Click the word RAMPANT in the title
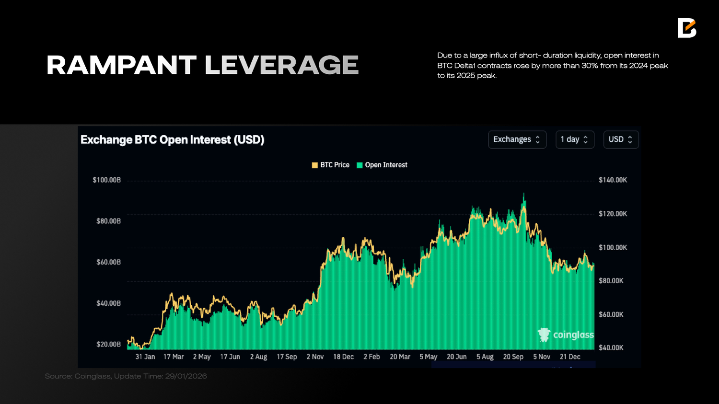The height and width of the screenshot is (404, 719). click(x=121, y=65)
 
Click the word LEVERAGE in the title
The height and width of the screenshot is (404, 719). click(x=282, y=65)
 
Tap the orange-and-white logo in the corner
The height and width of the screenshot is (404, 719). click(x=686, y=28)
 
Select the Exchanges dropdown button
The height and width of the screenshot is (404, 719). click(x=517, y=139)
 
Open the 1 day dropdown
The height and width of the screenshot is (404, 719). click(x=574, y=139)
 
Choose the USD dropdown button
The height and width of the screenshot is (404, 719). click(x=621, y=139)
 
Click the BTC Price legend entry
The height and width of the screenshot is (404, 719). click(x=331, y=165)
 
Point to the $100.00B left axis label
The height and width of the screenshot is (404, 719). click(x=106, y=180)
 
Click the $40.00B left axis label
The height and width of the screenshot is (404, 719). click(x=108, y=303)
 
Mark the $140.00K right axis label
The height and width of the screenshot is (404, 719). click(x=613, y=180)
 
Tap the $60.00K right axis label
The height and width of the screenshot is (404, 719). click(x=611, y=314)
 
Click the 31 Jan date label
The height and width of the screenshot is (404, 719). click(x=145, y=357)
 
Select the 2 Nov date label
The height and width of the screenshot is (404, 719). click(x=315, y=357)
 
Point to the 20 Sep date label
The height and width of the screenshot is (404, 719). click(x=513, y=357)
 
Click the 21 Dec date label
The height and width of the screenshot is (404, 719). click(x=570, y=357)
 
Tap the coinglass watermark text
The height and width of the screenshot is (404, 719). click(x=573, y=335)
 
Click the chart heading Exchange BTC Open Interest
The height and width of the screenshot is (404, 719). click(x=172, y=140)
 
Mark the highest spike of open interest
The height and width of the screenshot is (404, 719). click(x=524, y=194)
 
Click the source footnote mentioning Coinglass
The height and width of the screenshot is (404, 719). click(x=126, y=376)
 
